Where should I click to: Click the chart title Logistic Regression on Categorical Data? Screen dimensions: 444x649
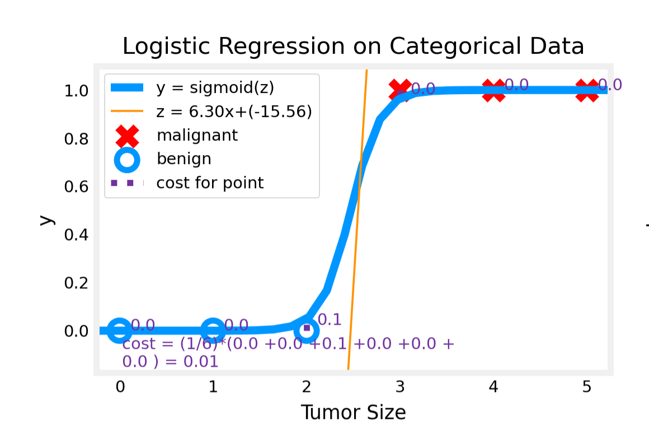tap(353, 46)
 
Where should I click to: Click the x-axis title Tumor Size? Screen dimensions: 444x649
tap(353, 413)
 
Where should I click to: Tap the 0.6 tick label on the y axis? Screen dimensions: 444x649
tap(77, 186)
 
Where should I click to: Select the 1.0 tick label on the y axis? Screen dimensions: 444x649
tap(77, 91)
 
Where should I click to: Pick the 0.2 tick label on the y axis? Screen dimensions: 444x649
tap(77, 283)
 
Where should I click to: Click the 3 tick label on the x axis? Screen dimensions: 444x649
tap(399, 387)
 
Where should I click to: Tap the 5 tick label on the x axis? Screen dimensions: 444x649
tap(586, 387)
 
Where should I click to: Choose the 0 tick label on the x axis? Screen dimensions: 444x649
tap(120, 387)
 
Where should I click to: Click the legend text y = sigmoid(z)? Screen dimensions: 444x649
tap(215, 88)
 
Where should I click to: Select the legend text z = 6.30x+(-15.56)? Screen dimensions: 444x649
tap(234, 111)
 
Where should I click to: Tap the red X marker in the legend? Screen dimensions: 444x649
tap(127, 136)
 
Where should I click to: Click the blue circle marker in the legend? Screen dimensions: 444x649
tap(127, 160)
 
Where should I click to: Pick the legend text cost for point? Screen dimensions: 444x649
tap(210, 183)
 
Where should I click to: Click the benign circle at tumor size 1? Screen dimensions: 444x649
tap(213, 330)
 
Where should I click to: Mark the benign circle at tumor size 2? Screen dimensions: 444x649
tap(307, 330)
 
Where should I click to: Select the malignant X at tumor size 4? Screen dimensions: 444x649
tap(493, 90)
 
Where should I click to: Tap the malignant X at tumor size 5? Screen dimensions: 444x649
tap(587, 90)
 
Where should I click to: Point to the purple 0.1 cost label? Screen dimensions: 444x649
tap(329, 320)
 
